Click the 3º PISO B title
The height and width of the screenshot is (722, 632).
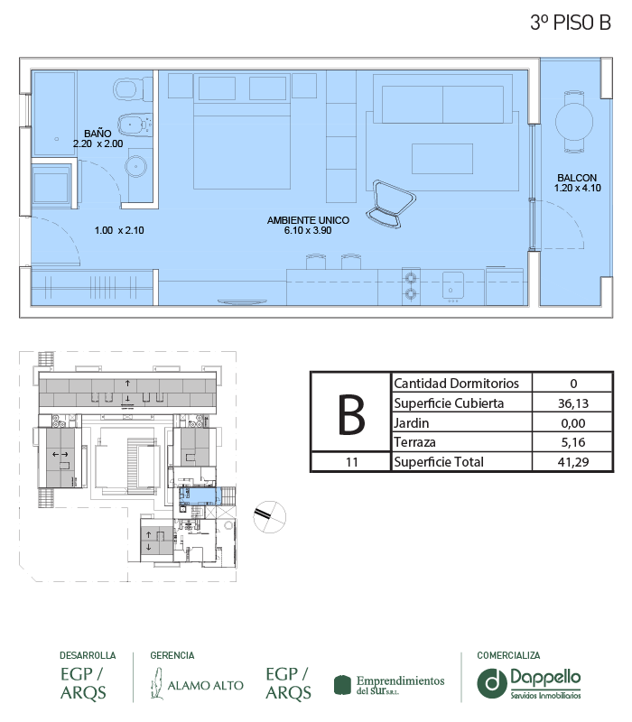(571, 23)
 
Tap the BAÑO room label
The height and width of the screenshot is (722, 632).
(98, 134)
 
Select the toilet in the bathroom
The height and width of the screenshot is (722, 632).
(133, 89)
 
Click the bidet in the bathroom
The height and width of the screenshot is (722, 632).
(135, 125)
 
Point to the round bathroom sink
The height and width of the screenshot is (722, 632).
(136, 166)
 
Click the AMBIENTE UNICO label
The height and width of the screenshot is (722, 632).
(308, 220)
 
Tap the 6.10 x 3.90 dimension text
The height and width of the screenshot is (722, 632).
(308, 230)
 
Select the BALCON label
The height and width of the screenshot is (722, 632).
(577, 178)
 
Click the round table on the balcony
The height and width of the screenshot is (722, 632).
(574, 122)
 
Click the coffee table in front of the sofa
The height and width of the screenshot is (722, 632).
(442, 159)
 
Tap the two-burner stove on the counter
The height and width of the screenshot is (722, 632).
(411, 286)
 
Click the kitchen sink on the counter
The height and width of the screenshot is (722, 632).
(453, 286)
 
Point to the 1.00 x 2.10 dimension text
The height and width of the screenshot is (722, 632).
(119, 230)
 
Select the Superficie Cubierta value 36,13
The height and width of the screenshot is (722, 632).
(573, 403)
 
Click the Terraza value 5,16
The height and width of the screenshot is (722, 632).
(573, 442)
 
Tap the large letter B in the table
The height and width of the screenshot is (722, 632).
(351, 414)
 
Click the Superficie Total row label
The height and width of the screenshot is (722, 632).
(439, 462)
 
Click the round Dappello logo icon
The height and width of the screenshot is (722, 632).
(492, 683)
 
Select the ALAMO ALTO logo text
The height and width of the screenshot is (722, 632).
(206, 686)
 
